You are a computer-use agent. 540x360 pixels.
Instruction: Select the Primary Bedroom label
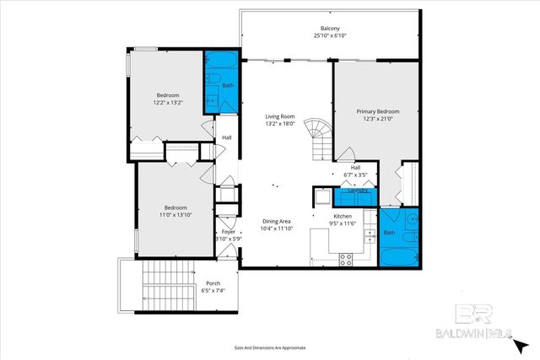click(x=376, y=111)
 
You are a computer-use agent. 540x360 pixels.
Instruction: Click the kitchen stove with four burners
click(x=345, y=261)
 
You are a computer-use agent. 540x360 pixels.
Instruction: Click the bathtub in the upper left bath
click(x=222, y=62)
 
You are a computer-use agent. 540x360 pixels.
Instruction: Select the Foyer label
click(x=228, y=231)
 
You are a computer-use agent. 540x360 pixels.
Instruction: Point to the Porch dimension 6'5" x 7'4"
click(x=213, y=291)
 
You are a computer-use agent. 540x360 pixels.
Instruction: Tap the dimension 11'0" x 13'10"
click(x=175, y=215)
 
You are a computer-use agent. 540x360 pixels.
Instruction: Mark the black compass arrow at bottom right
click(x=523, y=344)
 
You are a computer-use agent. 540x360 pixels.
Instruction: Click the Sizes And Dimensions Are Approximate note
click(x=269, y=347)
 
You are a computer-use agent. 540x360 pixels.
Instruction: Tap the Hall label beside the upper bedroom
click(x=226, y=137)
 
